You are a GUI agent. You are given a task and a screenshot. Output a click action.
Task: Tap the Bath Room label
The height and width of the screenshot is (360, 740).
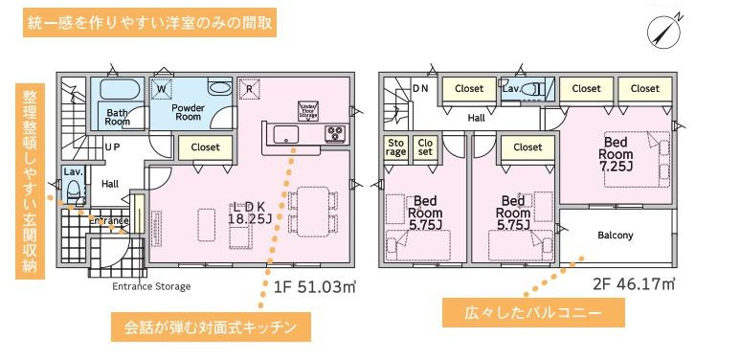pos(117,116)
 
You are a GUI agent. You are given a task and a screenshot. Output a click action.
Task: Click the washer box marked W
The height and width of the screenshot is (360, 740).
pos(161,89)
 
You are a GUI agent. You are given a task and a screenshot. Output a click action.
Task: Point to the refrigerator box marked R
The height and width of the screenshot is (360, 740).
pos(249,89)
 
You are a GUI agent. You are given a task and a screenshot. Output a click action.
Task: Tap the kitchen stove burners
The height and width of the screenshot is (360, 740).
pos(336,133)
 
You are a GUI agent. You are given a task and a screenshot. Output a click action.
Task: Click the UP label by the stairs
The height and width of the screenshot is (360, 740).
pos(112,147)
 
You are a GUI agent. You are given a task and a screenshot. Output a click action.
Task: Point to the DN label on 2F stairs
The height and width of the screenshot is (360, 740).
pos(419,88)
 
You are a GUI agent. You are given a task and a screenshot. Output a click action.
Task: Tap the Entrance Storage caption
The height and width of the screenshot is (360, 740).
pos(151,286)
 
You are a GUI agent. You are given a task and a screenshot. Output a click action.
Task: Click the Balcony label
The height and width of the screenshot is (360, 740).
pos(615,236)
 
